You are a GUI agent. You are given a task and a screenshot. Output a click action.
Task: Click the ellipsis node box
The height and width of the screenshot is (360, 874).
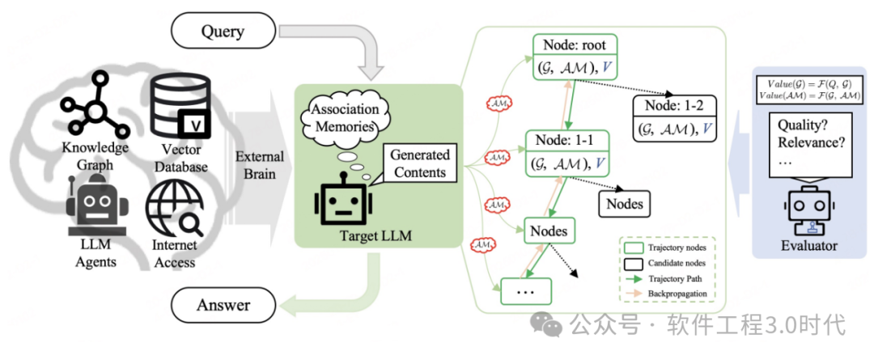pyautogui.click(x=525, y=290)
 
